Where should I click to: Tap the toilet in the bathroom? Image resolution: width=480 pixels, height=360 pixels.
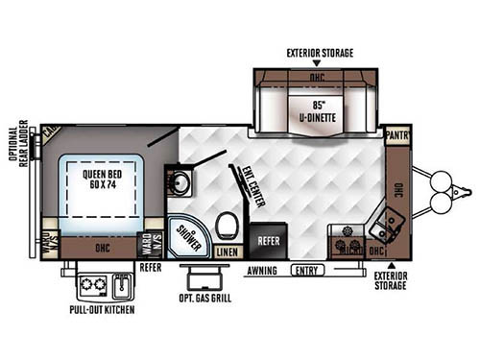pos(227,228)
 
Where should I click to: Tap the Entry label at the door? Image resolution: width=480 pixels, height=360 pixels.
pos(307,271)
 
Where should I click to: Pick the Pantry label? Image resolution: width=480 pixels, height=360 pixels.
pos(398,136)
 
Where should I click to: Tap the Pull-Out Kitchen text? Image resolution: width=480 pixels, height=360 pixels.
pos(101,311)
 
